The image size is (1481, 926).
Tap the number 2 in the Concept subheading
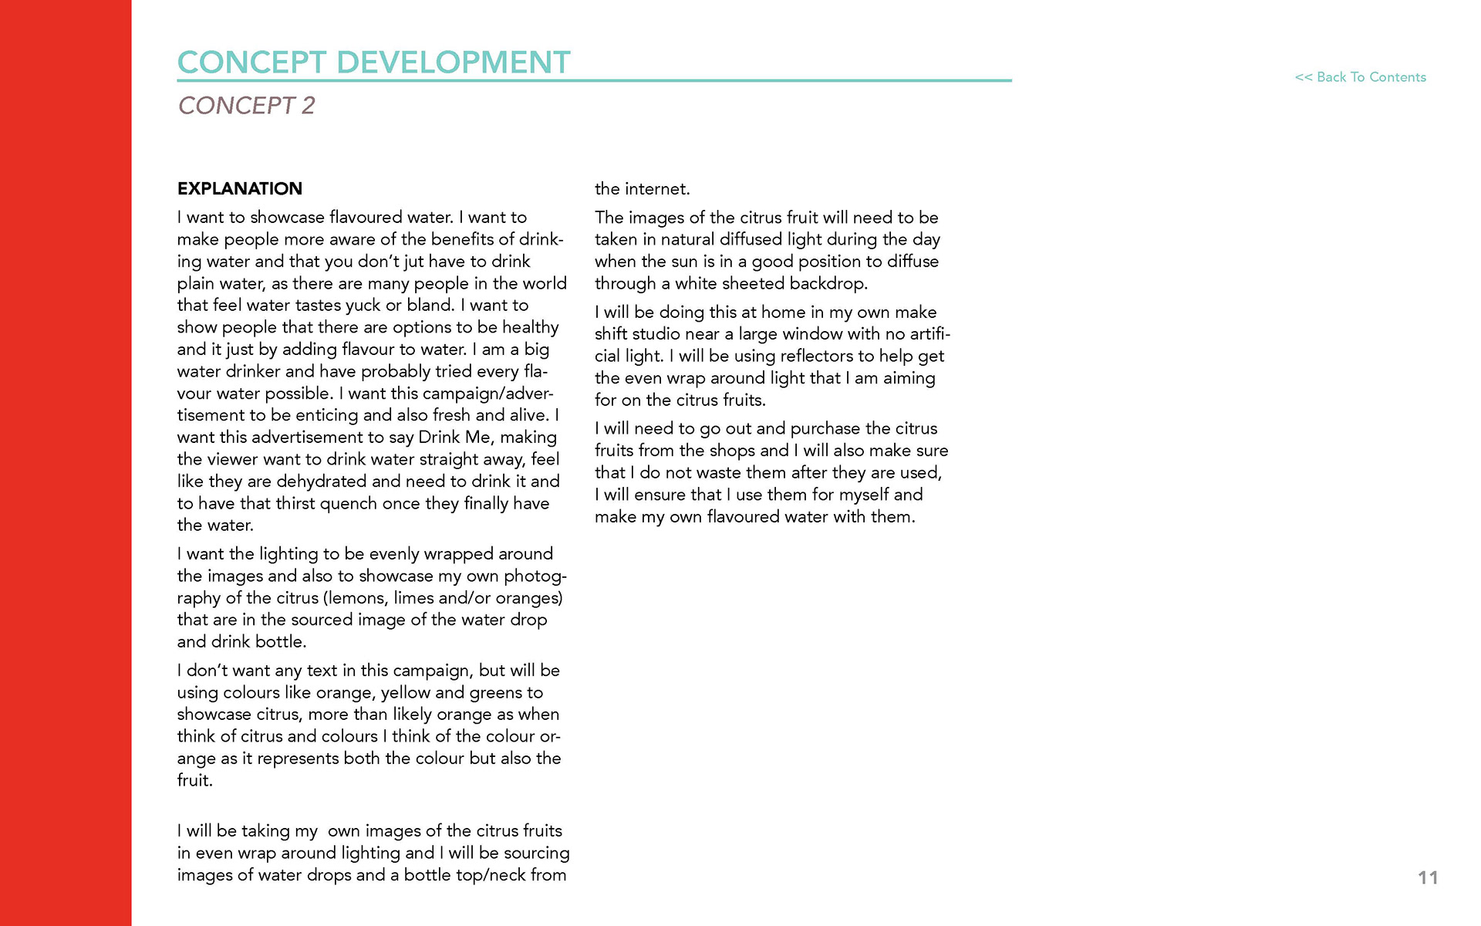coord(308,105)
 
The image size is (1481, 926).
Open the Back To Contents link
coord(1360,77)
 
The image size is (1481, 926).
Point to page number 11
coord(1428,877)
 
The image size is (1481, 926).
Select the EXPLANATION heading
coord(240,189)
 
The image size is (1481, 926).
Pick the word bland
coord(429,306)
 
